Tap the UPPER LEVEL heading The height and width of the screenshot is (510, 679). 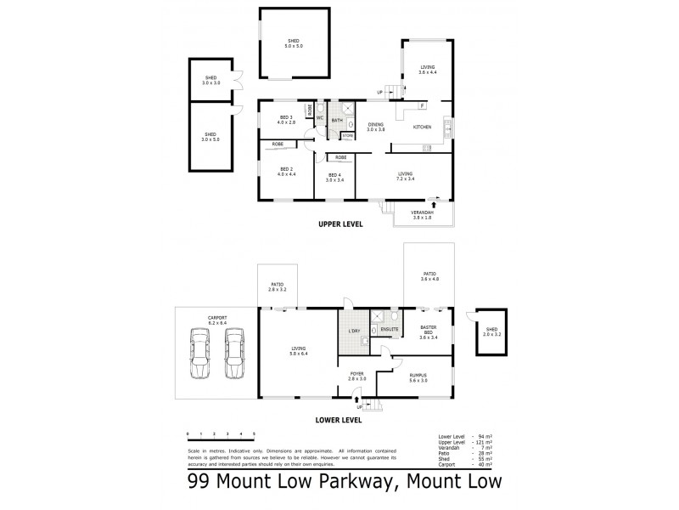pyautogui.click(x=339, y=224)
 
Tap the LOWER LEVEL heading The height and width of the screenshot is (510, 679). pyautogui.click(x=339, y=419)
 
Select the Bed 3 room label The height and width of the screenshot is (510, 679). pyautogui.click(x=285, y=120)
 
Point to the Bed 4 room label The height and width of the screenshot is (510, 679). pyautogui.click(x=334, y=178)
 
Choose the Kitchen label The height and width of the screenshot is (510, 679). pyautogui.click(x=422, y=127)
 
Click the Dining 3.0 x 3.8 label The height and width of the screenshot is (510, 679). pyautogui.click(x=376, y=127)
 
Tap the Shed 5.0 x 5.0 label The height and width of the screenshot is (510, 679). pyautogui.click(x=293, y=42)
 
